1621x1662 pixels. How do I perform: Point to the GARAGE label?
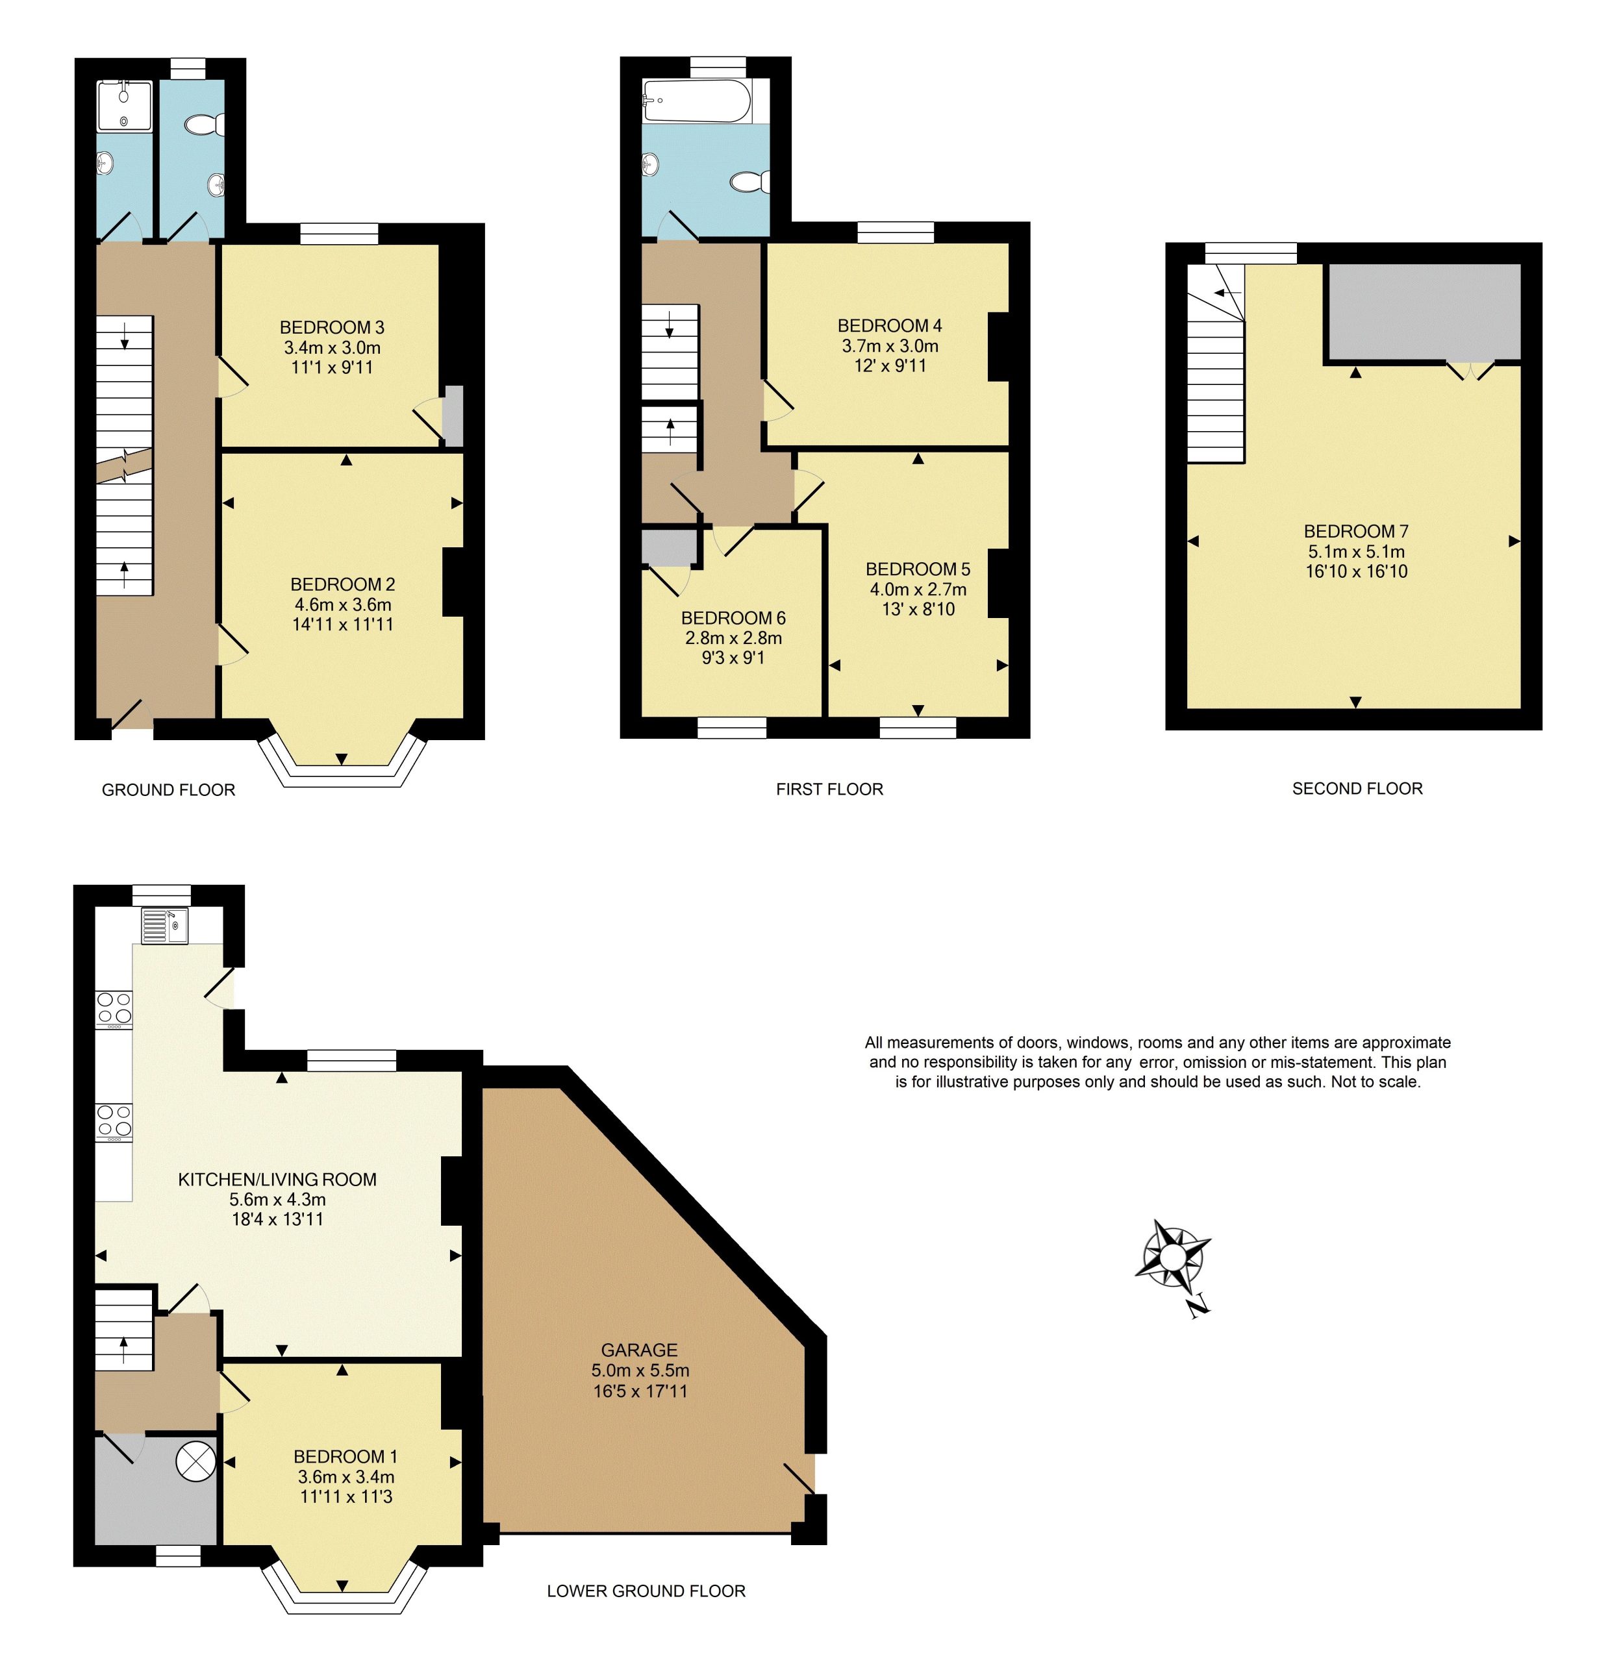640,1350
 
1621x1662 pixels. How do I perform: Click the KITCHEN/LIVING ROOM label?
277,1180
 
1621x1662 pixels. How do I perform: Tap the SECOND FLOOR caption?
1357,789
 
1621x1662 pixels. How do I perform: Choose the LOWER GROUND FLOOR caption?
646,1591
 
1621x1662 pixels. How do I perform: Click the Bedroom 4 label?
890,326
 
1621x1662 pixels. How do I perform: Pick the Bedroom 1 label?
346,1457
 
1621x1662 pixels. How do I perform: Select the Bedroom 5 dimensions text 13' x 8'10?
918,610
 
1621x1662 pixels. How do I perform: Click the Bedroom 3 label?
332,328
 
